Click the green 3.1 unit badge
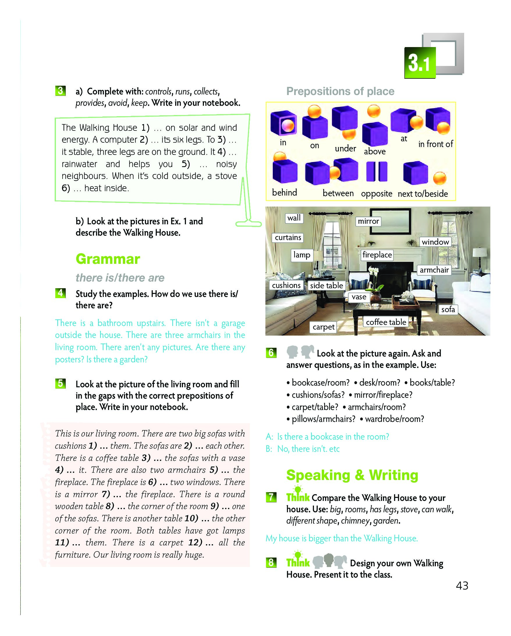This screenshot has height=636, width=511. (x=419, y=62)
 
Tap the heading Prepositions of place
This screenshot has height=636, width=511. (x=340, y=92)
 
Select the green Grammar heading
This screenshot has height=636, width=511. (x=108, y=259)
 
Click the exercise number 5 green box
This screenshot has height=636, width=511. (x=60, y=384)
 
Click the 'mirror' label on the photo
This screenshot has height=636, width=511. (x=368, y=221)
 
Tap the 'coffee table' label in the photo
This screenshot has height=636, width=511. (x=386, y=322)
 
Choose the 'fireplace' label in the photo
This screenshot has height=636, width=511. (x=377, y=255)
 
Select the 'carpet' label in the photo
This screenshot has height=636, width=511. (x=323, y=327)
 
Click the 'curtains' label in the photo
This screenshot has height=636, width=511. (x=288, y=237)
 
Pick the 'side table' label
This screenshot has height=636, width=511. (x=327, y=285)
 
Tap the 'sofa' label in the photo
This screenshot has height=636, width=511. (x=448, y=309)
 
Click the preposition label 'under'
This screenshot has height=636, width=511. (x=345, y=148)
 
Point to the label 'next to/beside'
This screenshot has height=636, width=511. (x=423, y=194)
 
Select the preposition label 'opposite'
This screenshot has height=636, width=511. (x=376, y=194)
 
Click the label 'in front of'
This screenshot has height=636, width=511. (x=435, y=144)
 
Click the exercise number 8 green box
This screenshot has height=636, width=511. (x=271, y=562)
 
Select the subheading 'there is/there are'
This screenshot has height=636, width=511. (x=120, y=277)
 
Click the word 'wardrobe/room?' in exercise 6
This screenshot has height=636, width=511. (x=394, y=419)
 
